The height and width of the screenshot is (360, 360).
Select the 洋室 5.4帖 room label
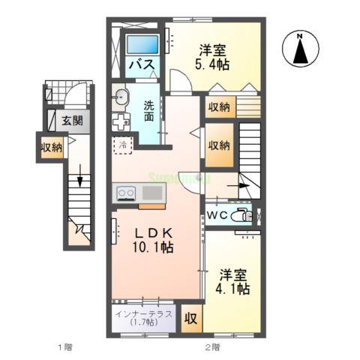pos(214,57)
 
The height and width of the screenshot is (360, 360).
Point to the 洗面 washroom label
pos(148,111)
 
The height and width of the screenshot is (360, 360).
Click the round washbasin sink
pos(121,95)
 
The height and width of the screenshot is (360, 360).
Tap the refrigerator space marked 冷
pos(121,145)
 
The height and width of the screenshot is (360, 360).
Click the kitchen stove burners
pos(125,193)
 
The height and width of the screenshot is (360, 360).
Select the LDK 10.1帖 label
pos(155,238)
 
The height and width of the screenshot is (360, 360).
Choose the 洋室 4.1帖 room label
pos(234,281)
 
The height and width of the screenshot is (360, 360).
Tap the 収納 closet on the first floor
pos(51,147)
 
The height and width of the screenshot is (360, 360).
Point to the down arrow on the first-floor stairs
pos(79,183)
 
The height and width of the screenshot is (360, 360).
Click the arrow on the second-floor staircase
pos(244,184)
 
